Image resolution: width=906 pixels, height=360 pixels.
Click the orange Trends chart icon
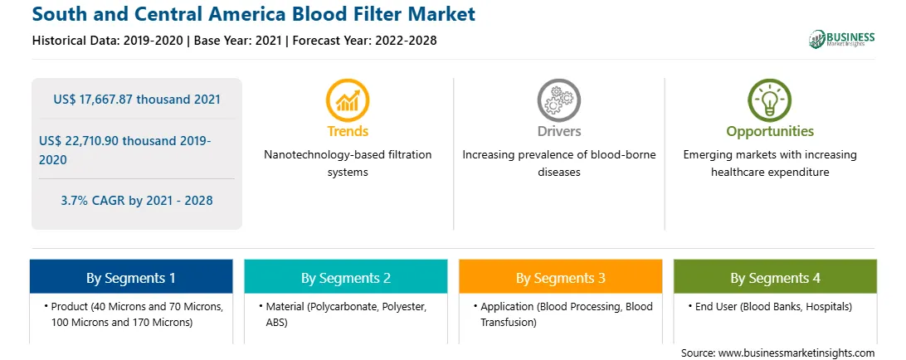(348, 100)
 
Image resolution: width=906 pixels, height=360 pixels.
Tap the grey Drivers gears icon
(558, 100)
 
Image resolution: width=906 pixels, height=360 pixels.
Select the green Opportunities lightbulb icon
(770, 100)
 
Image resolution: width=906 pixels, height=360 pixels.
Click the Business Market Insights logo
(842, 39)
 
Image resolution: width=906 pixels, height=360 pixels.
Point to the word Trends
(348, 131)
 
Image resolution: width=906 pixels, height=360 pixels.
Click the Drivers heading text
(558, 131)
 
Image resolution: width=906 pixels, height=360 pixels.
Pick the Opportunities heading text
(770, 131)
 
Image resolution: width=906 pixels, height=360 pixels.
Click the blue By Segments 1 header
(131, 278)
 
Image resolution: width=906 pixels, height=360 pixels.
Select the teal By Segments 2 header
(345, 278)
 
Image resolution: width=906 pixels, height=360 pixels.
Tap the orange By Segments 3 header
(561, 278)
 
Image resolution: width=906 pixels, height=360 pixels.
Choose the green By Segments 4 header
(776, 278)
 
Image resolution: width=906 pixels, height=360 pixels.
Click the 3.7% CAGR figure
(137, 201)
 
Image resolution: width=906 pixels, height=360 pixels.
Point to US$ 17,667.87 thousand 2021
(137, 100)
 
